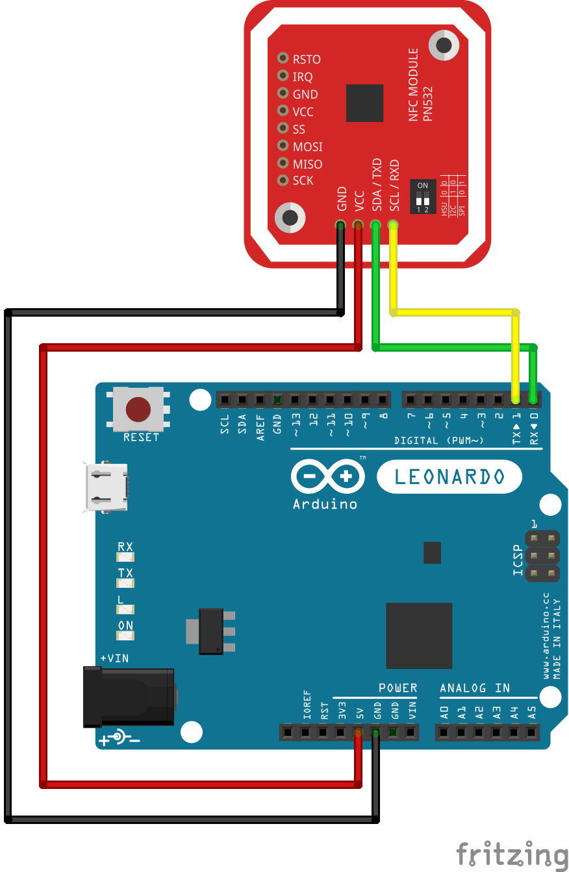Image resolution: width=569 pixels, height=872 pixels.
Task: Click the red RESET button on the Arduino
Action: coord(138,409)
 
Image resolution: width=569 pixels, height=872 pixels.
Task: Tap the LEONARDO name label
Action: coord(449,477)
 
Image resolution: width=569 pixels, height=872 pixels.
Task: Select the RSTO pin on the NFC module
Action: coord(283,58)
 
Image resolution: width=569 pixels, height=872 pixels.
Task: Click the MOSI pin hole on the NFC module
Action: coord(283,146)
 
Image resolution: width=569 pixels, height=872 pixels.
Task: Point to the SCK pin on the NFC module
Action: coord(283,180)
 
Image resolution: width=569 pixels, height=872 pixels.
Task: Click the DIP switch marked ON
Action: coord(423,197)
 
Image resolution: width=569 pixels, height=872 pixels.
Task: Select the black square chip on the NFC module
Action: coord(364,103)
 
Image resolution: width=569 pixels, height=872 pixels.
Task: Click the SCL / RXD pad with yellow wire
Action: coord(392,225)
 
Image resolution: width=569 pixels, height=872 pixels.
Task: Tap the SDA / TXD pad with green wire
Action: coord(375,225)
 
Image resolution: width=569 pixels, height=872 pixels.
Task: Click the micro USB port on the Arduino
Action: coord(105,487)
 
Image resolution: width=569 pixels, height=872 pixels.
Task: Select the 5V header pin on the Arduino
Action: coord(357,733)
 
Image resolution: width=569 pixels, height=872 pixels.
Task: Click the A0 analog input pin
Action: coord(444,733)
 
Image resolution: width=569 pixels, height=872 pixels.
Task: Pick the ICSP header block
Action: coord(542,556)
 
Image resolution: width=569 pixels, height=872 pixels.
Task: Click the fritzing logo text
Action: coord(511,853)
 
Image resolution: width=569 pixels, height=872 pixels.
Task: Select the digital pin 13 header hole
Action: coord(295,400)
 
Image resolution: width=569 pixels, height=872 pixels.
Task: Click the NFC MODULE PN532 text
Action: coord(420,84)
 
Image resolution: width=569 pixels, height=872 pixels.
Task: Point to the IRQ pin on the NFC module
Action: coord(283,76)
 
